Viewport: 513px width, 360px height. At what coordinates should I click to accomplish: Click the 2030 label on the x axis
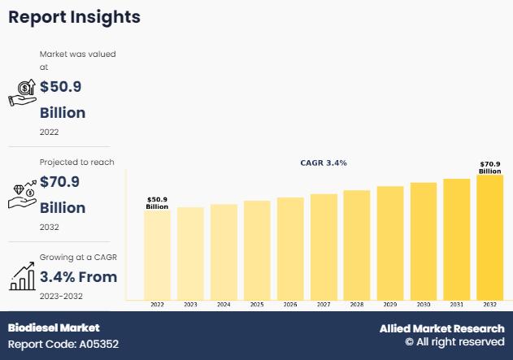click(x=423, y=304)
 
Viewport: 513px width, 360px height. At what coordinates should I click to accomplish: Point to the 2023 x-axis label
click(x=190, y=304)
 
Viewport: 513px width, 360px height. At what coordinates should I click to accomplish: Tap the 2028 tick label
click(x=356, y=304)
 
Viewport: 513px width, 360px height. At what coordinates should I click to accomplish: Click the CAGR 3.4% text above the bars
click(x=324, y=163)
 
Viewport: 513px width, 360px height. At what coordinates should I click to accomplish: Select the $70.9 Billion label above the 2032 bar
click(x=489, y=168)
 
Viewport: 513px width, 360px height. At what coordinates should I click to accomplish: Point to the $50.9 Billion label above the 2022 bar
click(x=157, y=203)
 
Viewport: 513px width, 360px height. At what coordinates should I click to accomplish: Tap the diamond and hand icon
click(x=22, y=195)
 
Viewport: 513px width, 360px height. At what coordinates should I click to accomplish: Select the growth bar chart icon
click(x=22, y=277)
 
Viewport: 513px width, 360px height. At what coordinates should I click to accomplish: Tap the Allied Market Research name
click(x=441, y=328)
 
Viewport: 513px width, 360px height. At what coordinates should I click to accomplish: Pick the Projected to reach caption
click(x=77, y=163)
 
